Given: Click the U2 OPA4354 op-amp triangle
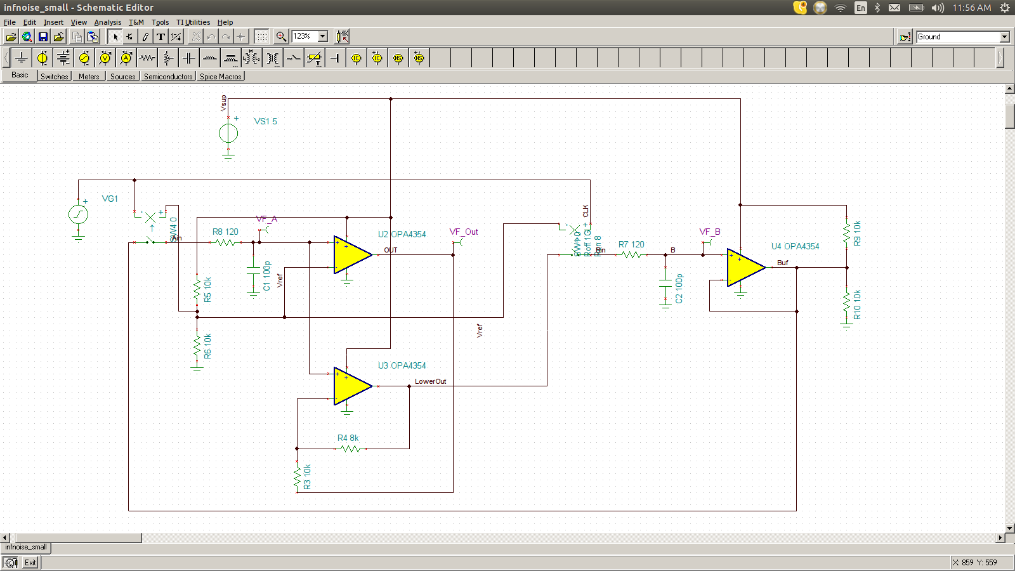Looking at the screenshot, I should [350, 254].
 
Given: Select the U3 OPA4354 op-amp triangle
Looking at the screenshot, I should [350, 386].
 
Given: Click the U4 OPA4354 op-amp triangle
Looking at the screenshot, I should [743, 267].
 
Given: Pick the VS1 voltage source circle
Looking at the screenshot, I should [228, 133].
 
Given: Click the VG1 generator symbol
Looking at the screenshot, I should [78, 214].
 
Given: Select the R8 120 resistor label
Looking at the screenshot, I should [225, 232].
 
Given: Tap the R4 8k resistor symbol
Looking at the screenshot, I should [350, 449].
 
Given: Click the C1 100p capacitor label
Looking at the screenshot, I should [267, 276].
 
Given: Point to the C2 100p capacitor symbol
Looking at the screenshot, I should [665, 283].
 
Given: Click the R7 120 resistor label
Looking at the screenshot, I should [631, 244].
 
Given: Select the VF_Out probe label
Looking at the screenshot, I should [464, 232].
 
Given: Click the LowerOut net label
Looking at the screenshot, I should [430, 381].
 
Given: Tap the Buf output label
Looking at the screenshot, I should [782, 263].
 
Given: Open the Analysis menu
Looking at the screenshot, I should [107, 22].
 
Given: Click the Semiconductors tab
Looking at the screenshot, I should [168, 77].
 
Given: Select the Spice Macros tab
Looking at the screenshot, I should [220, 77].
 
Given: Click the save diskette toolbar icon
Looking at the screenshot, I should [43, 37].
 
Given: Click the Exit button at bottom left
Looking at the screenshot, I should [30, 562].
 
